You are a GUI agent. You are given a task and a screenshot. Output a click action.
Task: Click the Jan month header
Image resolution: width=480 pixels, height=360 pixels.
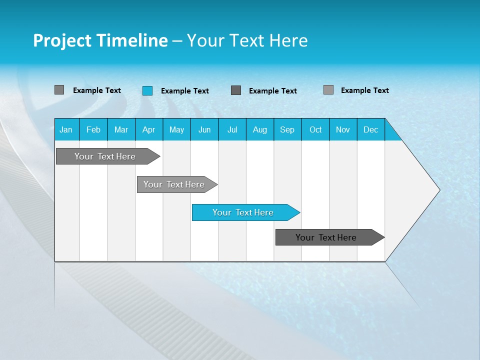click(66, 129)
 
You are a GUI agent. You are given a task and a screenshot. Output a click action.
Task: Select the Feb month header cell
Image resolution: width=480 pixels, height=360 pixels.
click(93, 129)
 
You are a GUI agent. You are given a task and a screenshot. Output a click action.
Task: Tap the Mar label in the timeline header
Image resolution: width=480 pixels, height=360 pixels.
click(121, 129)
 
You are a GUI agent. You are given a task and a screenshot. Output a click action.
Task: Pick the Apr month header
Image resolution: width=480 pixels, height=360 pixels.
click(148, 129)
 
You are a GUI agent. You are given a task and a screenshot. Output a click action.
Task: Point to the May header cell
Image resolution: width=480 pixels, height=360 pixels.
click(176, 129)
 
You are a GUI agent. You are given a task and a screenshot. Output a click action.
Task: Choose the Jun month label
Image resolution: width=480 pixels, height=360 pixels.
click(204, 129)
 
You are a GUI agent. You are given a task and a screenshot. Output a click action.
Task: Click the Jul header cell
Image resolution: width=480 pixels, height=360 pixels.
click(232, 129)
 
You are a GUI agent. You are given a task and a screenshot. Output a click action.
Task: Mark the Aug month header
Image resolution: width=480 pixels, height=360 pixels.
click(260, 129)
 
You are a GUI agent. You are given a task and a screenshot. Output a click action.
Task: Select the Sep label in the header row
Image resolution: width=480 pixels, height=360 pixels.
click(287, 129)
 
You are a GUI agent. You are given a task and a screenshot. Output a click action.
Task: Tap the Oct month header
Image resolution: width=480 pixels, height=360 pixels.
click(315, 129)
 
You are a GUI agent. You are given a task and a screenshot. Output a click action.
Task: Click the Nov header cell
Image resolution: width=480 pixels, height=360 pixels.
click(343, 129)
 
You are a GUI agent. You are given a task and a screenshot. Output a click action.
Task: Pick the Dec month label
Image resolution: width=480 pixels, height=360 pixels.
click(371, 129)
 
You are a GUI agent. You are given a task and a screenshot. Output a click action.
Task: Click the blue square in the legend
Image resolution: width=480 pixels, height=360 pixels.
click(147, 90)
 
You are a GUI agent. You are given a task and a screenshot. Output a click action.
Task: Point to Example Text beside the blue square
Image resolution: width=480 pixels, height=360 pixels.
click(185, 91)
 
